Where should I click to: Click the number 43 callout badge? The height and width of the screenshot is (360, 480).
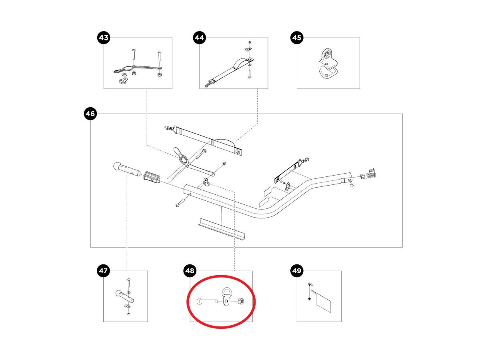tap(104, 38)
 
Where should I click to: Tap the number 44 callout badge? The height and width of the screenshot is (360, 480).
tap(199, 38)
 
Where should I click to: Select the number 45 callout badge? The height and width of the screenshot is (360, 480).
tap(297, 38)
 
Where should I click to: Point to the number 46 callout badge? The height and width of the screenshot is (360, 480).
tap(90, 114)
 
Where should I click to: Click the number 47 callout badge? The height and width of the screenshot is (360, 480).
tap(103, 271)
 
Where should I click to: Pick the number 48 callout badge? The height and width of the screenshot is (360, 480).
tap(190, 271)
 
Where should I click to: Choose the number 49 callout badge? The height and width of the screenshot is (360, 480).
tap(297, 271)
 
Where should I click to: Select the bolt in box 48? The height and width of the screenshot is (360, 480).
tap(207, 301)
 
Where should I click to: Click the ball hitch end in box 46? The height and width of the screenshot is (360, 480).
tap(127, 169)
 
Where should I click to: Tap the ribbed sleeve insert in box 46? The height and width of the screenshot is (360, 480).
tap(152, 176)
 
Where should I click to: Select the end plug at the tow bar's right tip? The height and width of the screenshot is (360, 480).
tap(368, 174)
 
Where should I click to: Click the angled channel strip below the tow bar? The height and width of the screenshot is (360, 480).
tap(221, 228)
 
